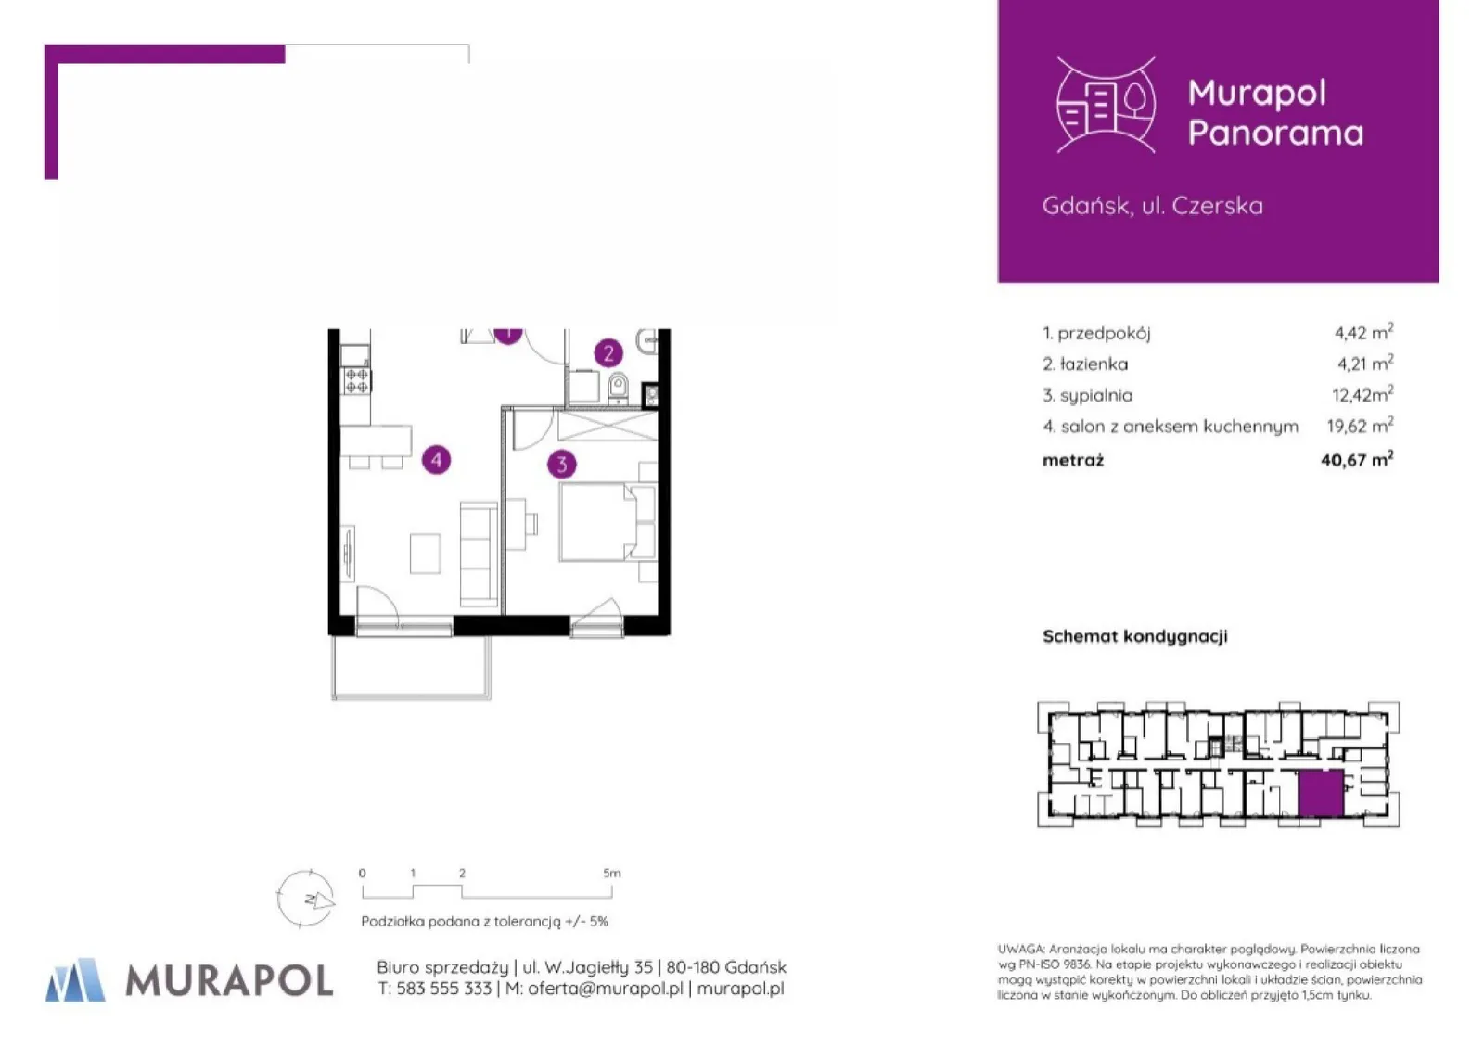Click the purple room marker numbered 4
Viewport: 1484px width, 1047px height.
click(x=436, y=460)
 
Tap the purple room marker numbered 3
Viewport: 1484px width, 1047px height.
click(x=562, y=464)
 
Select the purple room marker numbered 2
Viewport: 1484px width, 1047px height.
click(x=608, y=353)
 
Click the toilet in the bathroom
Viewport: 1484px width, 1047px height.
click(x=618, y=388)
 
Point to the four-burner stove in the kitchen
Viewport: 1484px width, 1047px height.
click(x=356, y=381)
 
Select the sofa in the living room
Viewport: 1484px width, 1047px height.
click(x=479, y=554)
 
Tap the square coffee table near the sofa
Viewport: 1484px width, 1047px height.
click(x=426, y=553)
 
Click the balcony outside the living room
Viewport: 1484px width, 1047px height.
click(x=411, y=667)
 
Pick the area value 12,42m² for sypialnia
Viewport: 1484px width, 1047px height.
click(x=1362, y=394)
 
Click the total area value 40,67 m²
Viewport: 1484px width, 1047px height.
click(x=1357, y=459)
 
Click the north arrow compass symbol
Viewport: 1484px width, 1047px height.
click(x=305, y=899)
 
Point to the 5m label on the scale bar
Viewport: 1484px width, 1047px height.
click(x=611, y=873)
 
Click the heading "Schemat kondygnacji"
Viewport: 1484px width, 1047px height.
click(x=1135, y=636)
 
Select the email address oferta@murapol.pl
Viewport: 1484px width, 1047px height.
click(x=605, y=988)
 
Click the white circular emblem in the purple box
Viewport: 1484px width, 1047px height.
click(x=1106, y=105)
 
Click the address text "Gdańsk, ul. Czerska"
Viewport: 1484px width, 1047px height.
click(x=1152, y=206)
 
